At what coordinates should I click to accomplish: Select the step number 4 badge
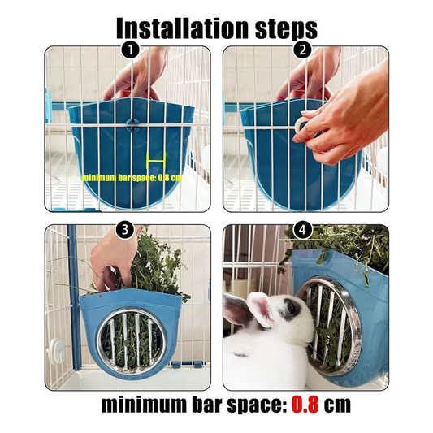coord(303,229)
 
